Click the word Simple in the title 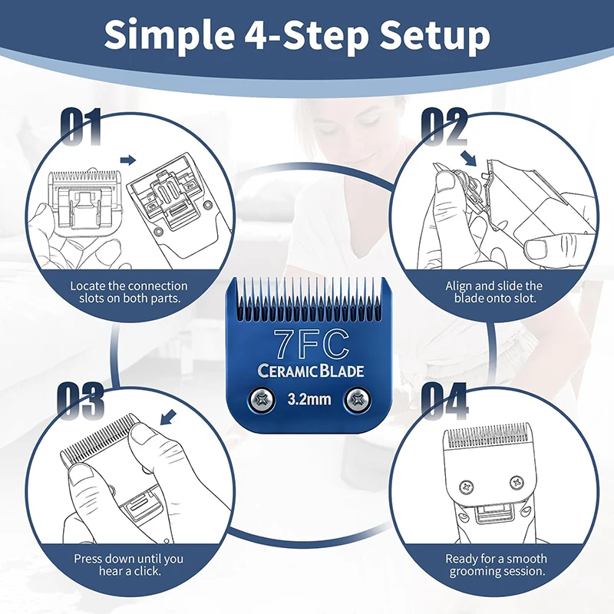point(169,35)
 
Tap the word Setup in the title point(435,35)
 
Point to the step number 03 point(81,401)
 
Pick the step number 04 point(445,401)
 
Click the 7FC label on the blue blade point(311,345)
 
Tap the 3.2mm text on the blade point(309,399)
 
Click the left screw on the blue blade point(260,400)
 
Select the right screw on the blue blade point(358,400)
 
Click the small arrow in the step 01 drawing point(127,160)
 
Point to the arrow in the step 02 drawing point(469,157)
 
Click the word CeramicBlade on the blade point(311,371)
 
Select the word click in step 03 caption point(147,571)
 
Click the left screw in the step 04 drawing point(467,487)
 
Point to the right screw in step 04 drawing point(517,483)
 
